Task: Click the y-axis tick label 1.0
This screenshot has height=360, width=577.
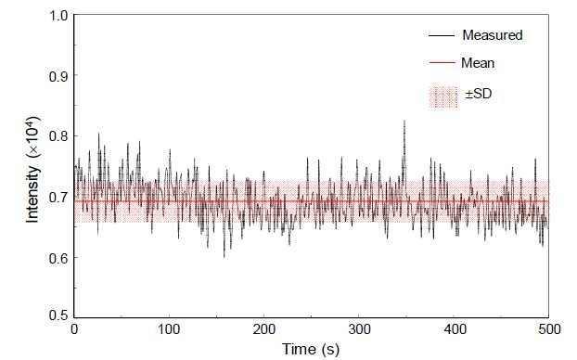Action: pos(58,16)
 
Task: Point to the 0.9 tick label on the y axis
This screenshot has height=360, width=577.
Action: pos(58,76)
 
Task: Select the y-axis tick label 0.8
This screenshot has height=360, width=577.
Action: pos(58,136)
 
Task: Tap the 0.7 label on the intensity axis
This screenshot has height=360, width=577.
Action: pos(58,198)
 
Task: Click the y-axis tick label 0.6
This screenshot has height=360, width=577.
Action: pos(58,258)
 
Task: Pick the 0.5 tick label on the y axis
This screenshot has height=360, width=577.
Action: pos(58,315)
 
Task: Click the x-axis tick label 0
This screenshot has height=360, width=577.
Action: pos(74,329)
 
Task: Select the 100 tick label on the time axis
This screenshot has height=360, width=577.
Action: pos(169,329)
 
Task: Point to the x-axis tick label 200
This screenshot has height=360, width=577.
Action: pos(263,329)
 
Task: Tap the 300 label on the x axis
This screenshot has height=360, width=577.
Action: pos(359,329)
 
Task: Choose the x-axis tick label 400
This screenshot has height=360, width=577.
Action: pos(455,329)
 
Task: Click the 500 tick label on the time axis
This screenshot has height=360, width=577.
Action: pos(549,329)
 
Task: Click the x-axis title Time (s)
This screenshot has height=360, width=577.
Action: pos(311,349)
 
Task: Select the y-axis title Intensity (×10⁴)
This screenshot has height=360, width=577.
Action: pos(33,169)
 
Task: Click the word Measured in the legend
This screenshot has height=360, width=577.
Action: pos(493,35)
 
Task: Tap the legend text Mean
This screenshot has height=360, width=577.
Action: pos(478,63)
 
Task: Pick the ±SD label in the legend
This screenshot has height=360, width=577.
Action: pos(479,94)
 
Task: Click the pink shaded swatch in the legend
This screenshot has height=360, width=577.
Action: pos(443,97)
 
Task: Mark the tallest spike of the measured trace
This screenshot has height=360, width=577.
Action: pos(404,121)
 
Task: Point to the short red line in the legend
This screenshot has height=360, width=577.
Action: pos(442,63)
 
